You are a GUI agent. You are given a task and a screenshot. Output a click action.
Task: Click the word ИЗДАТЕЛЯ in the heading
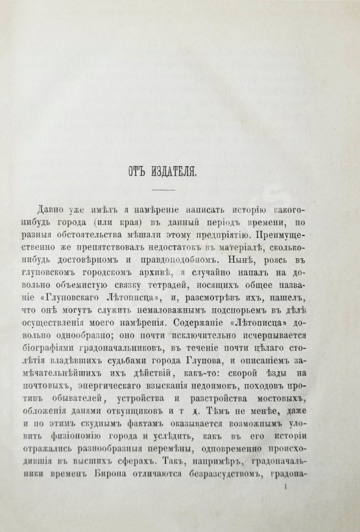(193, 172)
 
